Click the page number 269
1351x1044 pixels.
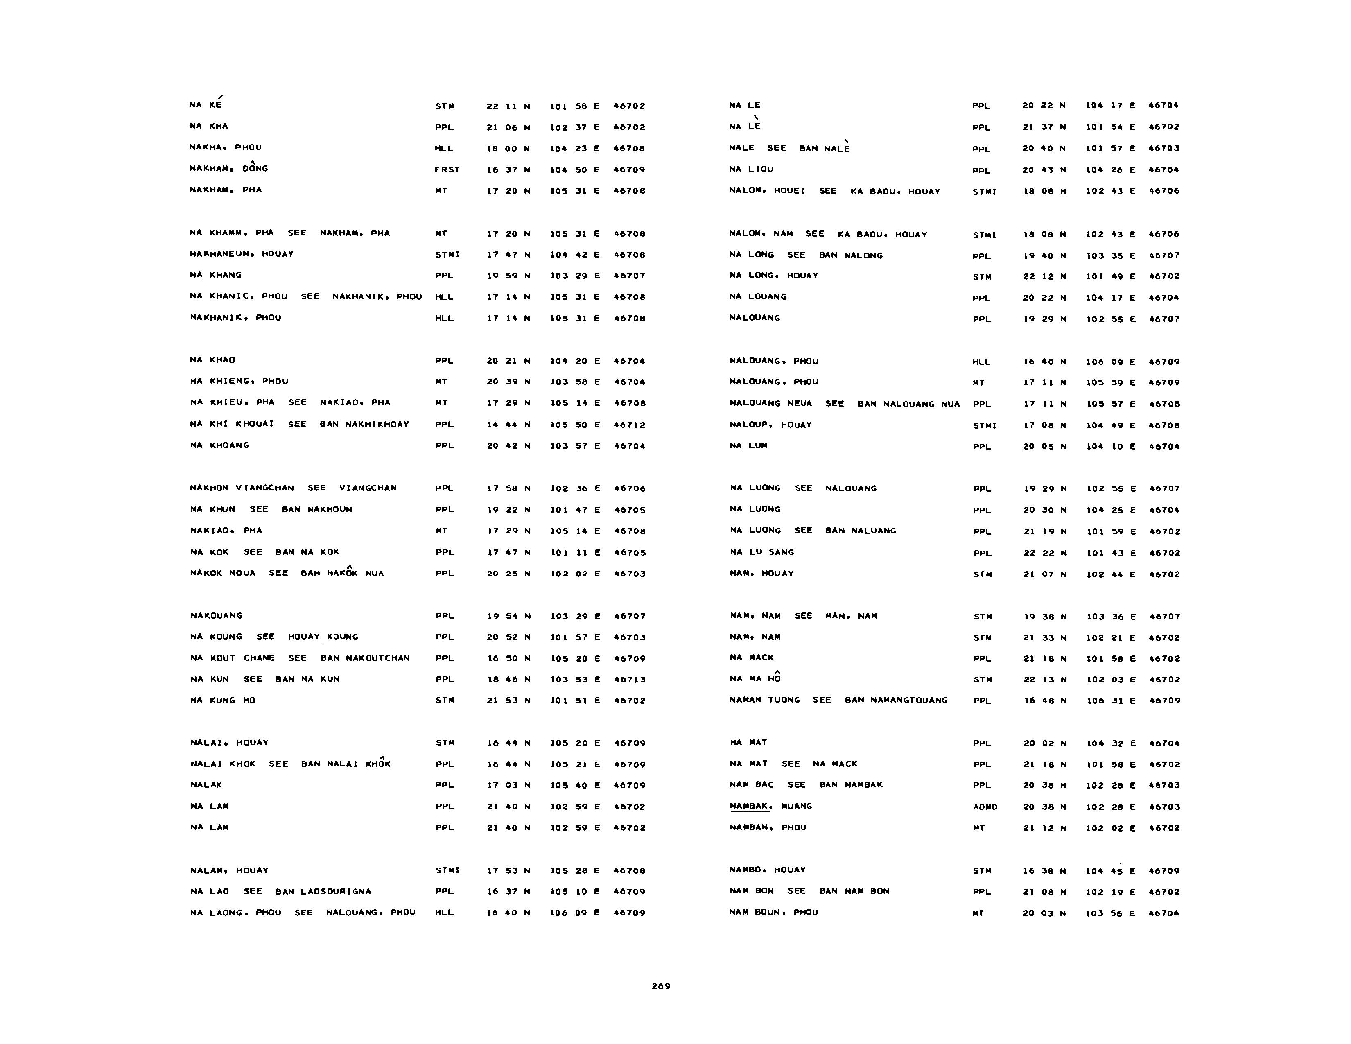pos(661,986)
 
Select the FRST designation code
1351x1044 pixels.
pos(447,169)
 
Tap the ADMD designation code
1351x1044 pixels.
pos(985,807)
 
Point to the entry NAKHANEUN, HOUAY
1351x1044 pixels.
pos(241,254)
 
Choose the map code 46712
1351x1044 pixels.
pos(630,425)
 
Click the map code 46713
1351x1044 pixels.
pos(630,680)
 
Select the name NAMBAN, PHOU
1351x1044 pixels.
pos(768,827)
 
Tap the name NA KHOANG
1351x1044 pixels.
pos(219,445)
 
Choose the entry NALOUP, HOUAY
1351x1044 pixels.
pos(770,425)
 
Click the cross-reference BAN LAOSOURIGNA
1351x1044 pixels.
pos(323,891)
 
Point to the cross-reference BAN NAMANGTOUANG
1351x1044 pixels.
pos(896,700)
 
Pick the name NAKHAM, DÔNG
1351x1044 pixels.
pos(228,169)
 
